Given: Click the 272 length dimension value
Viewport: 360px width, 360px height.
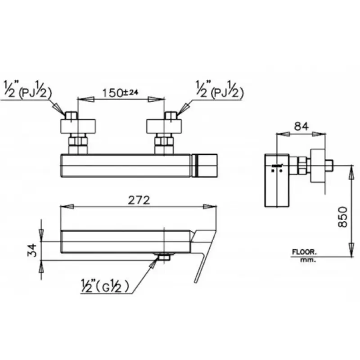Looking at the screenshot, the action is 139,200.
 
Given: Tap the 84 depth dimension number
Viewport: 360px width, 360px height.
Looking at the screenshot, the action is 301,126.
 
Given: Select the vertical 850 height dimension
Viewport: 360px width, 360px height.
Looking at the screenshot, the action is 343,217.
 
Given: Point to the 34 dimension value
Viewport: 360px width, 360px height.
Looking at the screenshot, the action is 32,251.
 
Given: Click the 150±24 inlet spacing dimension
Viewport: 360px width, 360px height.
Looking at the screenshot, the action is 120,93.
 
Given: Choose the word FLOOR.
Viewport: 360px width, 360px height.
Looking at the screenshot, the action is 304,252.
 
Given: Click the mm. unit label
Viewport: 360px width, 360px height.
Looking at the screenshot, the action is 308,260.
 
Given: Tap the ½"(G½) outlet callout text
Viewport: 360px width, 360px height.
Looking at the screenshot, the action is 104,286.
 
